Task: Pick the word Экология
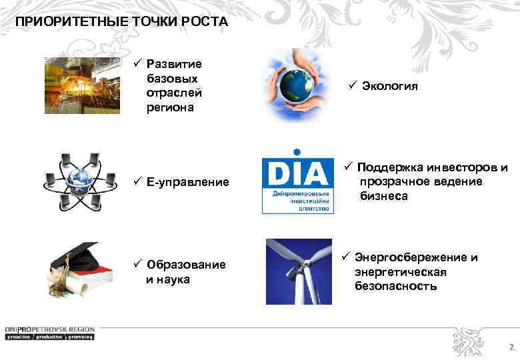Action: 390,86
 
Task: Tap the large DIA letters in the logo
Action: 297,175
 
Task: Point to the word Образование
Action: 186,265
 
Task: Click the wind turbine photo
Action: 298,271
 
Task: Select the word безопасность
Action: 396,287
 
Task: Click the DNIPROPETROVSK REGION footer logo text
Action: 50,329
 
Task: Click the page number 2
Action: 511,347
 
